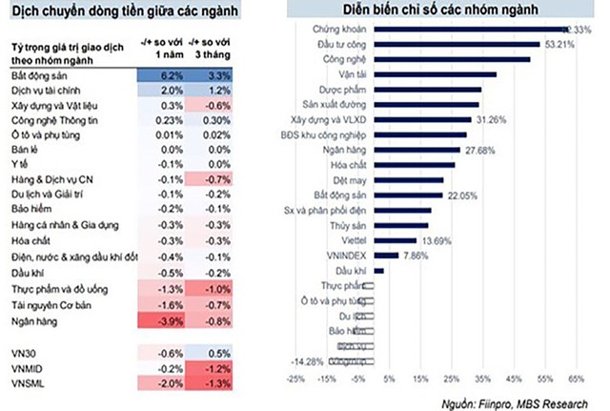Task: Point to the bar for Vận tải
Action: click(x=434, y=73)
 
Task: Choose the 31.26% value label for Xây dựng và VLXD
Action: click(x=492, y=119)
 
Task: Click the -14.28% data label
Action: click(x=309, y=362)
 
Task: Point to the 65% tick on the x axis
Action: click(x=576, y=378)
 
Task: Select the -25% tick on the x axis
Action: click(x=295, y=378)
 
